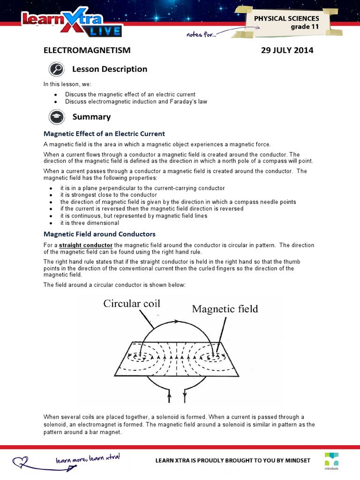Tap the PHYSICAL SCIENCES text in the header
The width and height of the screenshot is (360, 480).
pos(286,18)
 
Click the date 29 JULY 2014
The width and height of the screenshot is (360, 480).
pos(287,50)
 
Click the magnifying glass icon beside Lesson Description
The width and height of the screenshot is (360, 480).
pos(56,69)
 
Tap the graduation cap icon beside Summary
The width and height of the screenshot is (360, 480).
pos(56,117)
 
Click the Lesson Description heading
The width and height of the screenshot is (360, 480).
pos(109,69)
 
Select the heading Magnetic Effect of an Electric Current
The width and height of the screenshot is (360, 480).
pos(104,134)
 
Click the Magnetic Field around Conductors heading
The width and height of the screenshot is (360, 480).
pos(99,233)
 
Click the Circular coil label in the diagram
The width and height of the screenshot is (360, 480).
pos(132,303)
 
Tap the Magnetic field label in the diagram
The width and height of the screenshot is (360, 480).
pos(224,308)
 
